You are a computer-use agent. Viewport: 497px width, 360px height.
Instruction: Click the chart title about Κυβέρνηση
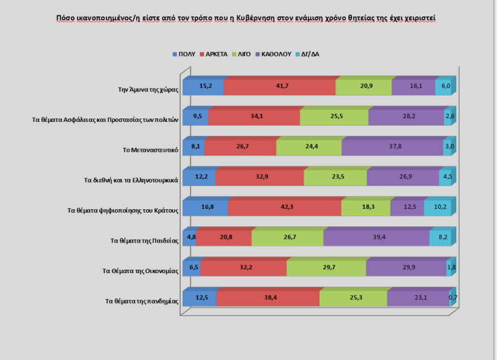pos(246,18)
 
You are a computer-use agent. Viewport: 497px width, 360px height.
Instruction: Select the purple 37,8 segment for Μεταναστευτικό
pos(392,148)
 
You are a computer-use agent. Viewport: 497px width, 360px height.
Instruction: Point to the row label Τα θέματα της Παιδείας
pos(145,240)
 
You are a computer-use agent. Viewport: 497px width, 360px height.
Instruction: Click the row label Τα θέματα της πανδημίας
pos(142,301)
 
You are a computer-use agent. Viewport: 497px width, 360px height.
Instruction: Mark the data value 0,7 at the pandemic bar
pos(453,297)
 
